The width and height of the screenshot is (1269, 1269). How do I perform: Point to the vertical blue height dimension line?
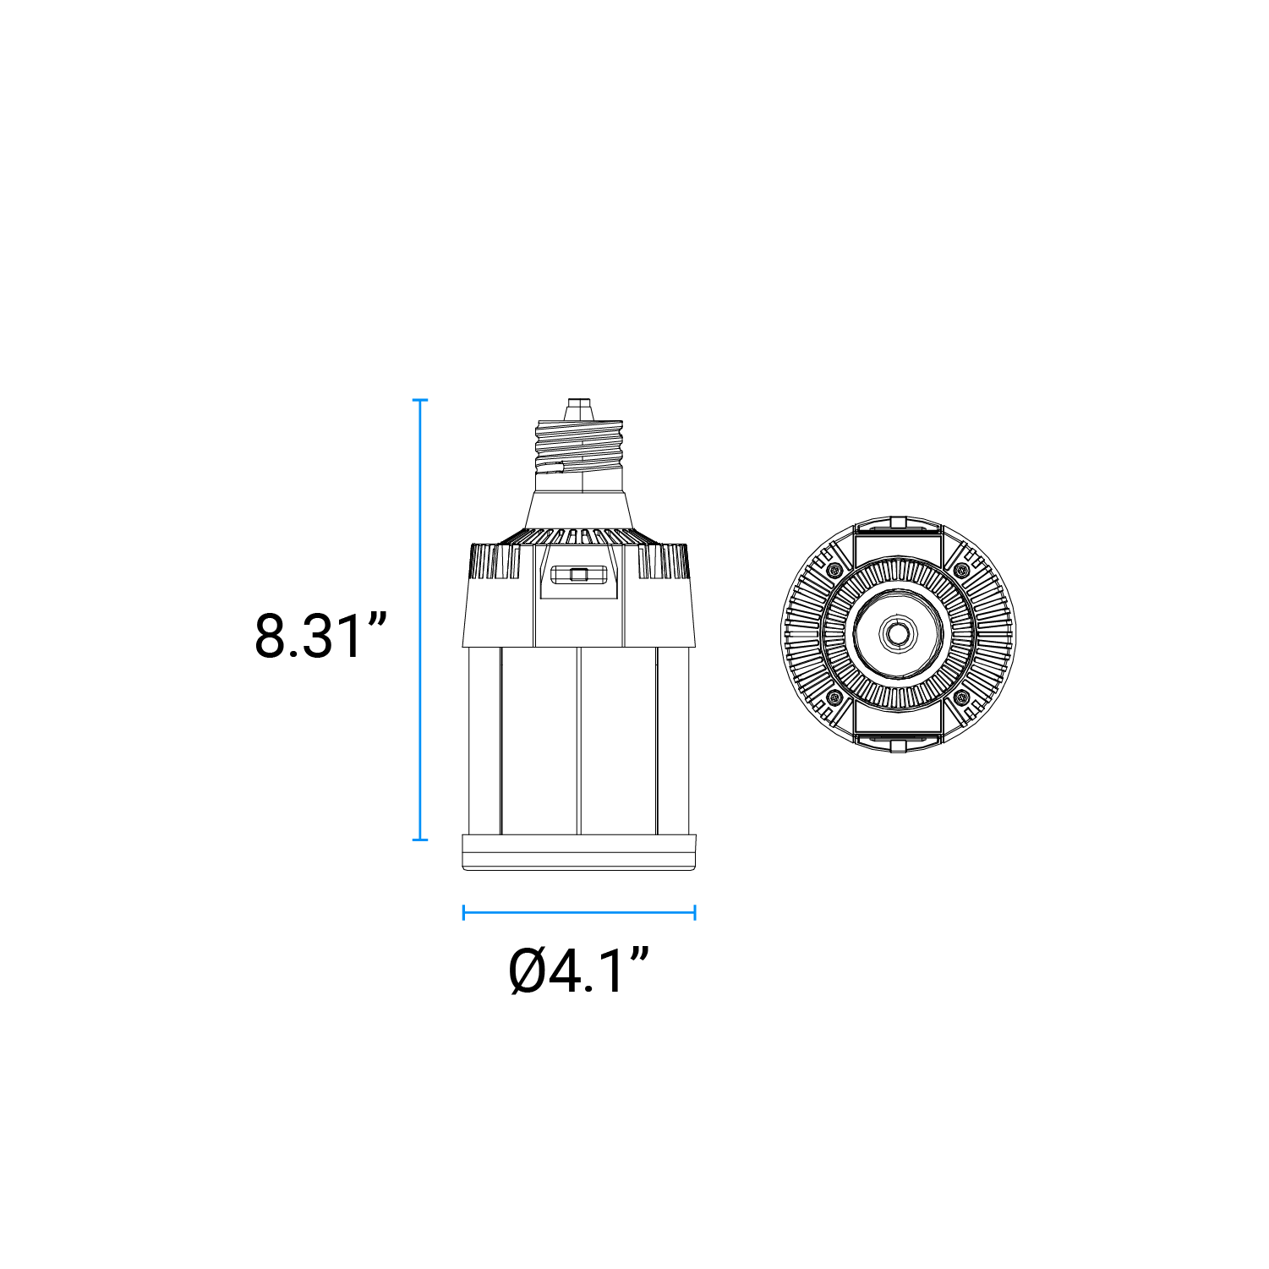point(420,620)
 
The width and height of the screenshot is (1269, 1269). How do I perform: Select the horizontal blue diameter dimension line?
point(579,912)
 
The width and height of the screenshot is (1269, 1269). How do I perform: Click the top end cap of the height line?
point(420,400)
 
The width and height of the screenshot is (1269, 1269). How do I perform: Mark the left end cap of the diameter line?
point(464,912)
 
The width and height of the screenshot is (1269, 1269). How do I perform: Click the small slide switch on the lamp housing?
point(579,575)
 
